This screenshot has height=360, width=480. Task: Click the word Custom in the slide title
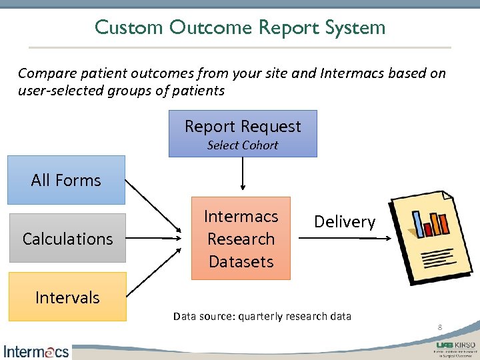pyautogui.click(x=129, y=27)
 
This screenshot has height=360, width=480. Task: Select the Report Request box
pyautogui.click(x=243, y=133)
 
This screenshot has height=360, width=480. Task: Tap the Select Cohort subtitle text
pyautogui.click(x=243, y=145)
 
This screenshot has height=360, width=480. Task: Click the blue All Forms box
pyautogui.click(x=66, y=180)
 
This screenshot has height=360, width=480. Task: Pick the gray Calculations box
pyautogui.click(x=67, y=239)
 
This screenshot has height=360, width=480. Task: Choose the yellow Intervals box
pyautogui.click(x=67, y=297)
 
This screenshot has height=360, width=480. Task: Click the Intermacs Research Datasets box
pyautogui.click(x=241, y=238)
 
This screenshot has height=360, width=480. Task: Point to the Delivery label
pyautogui.click(x=345, y=222)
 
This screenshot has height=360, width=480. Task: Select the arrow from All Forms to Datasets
pyautogui.click(x=153, y=207)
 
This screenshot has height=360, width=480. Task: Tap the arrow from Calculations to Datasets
pyautogui.click(x=153, y=238)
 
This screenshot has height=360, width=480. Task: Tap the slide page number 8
pyautogui.click(x=440, y=327)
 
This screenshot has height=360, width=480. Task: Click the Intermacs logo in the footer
pyautogui.click(x=36, y=351)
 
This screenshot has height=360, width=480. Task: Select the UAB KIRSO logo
pyautogui.click(x=455, y=348)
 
